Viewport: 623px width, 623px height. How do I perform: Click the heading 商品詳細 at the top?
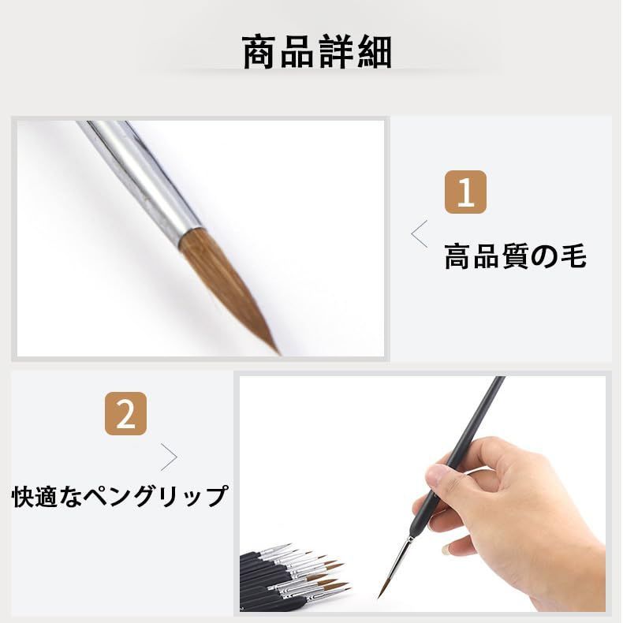tap(317, 52)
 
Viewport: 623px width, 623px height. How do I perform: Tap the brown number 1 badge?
tap(465, 192)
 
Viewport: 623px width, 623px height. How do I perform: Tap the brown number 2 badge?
tap(125, 415)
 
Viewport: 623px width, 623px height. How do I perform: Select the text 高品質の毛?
tap(515, 256)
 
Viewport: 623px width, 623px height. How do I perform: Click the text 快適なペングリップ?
tap(120, 497)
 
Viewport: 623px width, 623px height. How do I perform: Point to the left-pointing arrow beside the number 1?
tap(420, 234)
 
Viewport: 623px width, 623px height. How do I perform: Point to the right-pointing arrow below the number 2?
tap(169, 457)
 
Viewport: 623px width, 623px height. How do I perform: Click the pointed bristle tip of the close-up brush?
tap(276, 349)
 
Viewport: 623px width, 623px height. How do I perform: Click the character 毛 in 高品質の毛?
tap(573, 256)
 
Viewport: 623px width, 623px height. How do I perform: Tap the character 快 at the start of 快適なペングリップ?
tap(24, 497)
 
